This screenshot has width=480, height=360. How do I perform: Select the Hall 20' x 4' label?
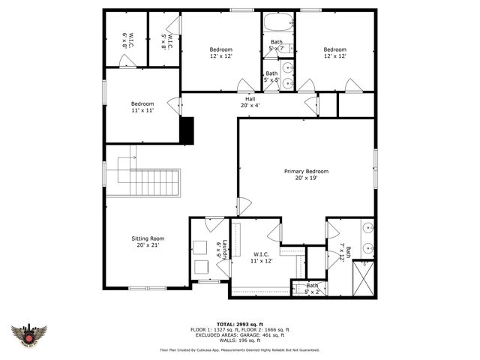[x=250, y=103]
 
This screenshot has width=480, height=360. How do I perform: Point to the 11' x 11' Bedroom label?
[x=142, y=107]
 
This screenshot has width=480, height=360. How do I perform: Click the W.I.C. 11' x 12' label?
[x=262, y=258]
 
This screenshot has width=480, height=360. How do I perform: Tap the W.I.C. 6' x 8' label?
[x=127, y=40]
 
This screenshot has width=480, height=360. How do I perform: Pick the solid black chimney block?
[x=187, y=130]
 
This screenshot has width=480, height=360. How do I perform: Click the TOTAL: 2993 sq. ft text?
[x=239, y=324]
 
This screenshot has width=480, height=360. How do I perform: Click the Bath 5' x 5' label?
[x=271, y=77]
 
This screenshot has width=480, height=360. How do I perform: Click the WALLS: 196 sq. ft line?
[x=239, y=340]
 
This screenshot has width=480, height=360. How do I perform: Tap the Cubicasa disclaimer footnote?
[x=239, y=349]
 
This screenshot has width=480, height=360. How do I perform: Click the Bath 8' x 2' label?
[x=311, y=288]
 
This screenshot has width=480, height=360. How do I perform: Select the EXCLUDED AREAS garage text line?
[x=239, y=334]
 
